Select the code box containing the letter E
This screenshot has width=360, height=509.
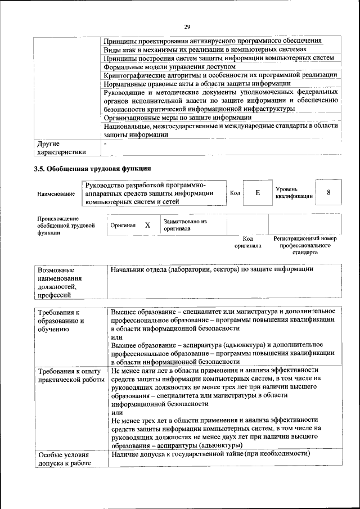258,193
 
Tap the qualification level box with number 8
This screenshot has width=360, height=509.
328,192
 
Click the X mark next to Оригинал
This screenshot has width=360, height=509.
147,225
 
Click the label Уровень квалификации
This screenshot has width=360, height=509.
291,193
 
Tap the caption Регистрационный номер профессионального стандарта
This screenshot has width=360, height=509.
305,246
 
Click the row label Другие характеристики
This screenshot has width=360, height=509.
61,147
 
